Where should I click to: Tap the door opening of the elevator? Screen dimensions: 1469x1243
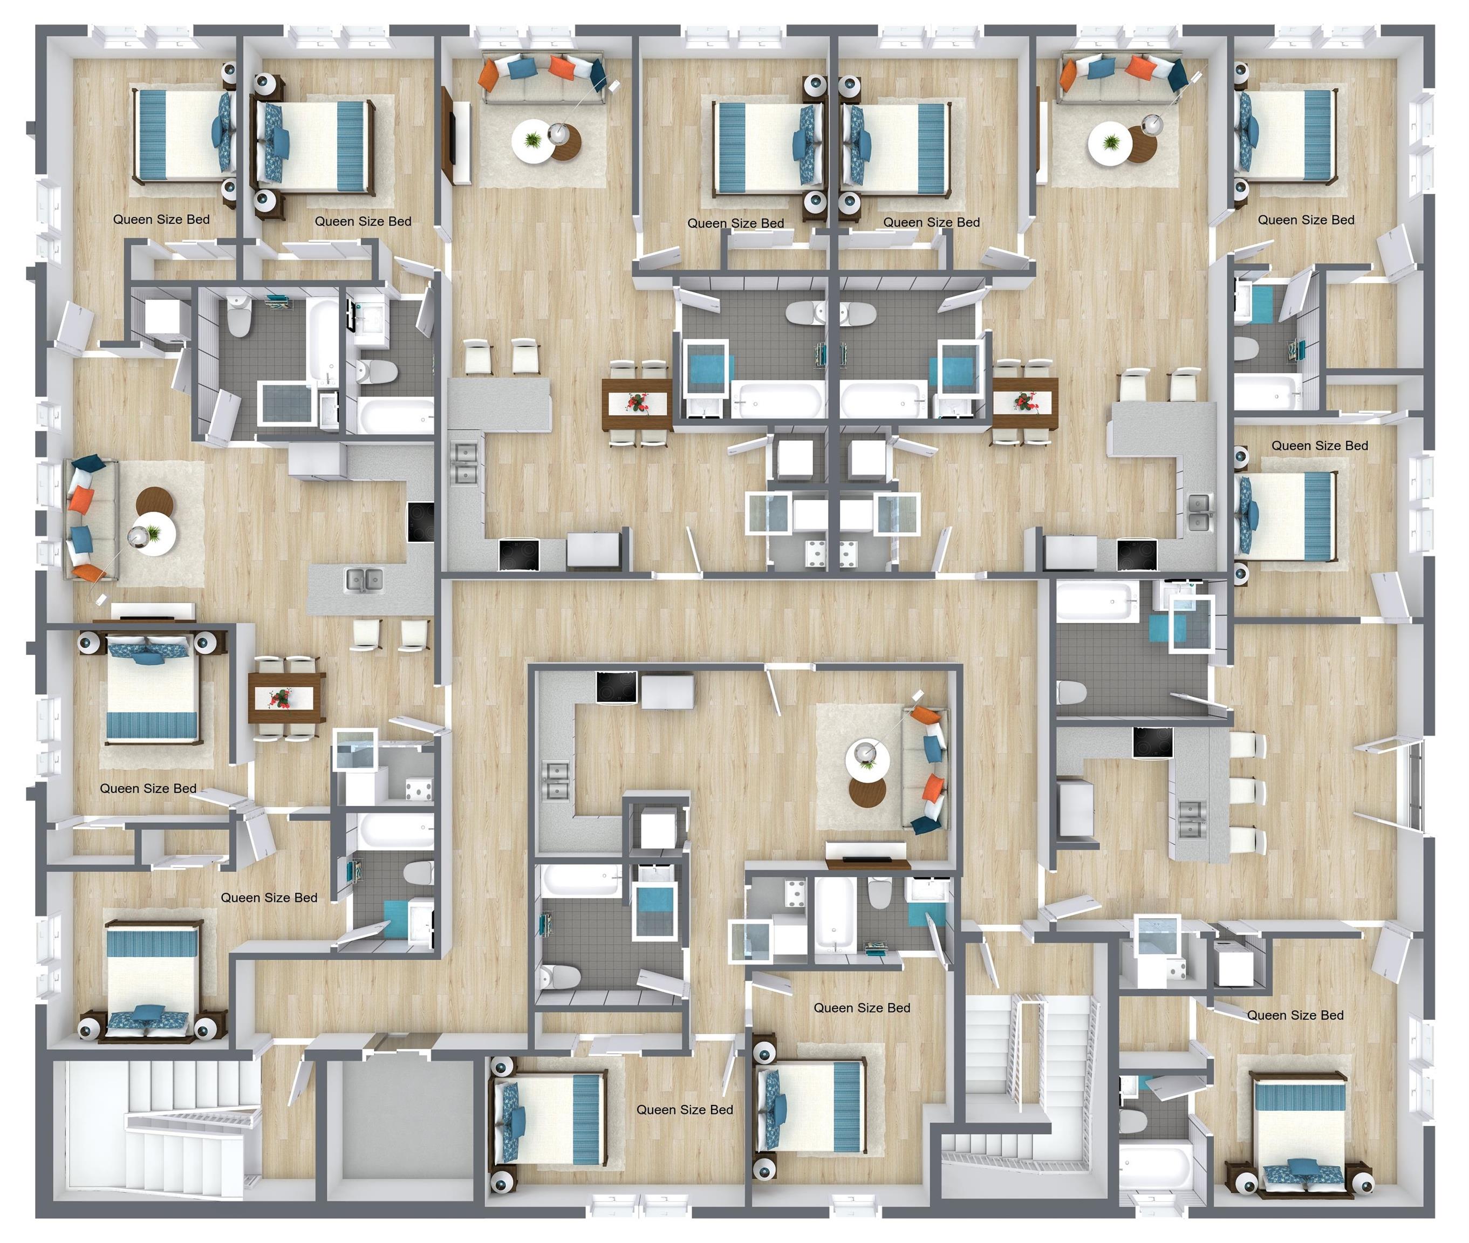click(399, 1041)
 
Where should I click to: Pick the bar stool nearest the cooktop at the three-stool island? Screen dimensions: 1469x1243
click(1248, 744)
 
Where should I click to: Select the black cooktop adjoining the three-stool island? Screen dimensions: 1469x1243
click(1153, 743)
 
